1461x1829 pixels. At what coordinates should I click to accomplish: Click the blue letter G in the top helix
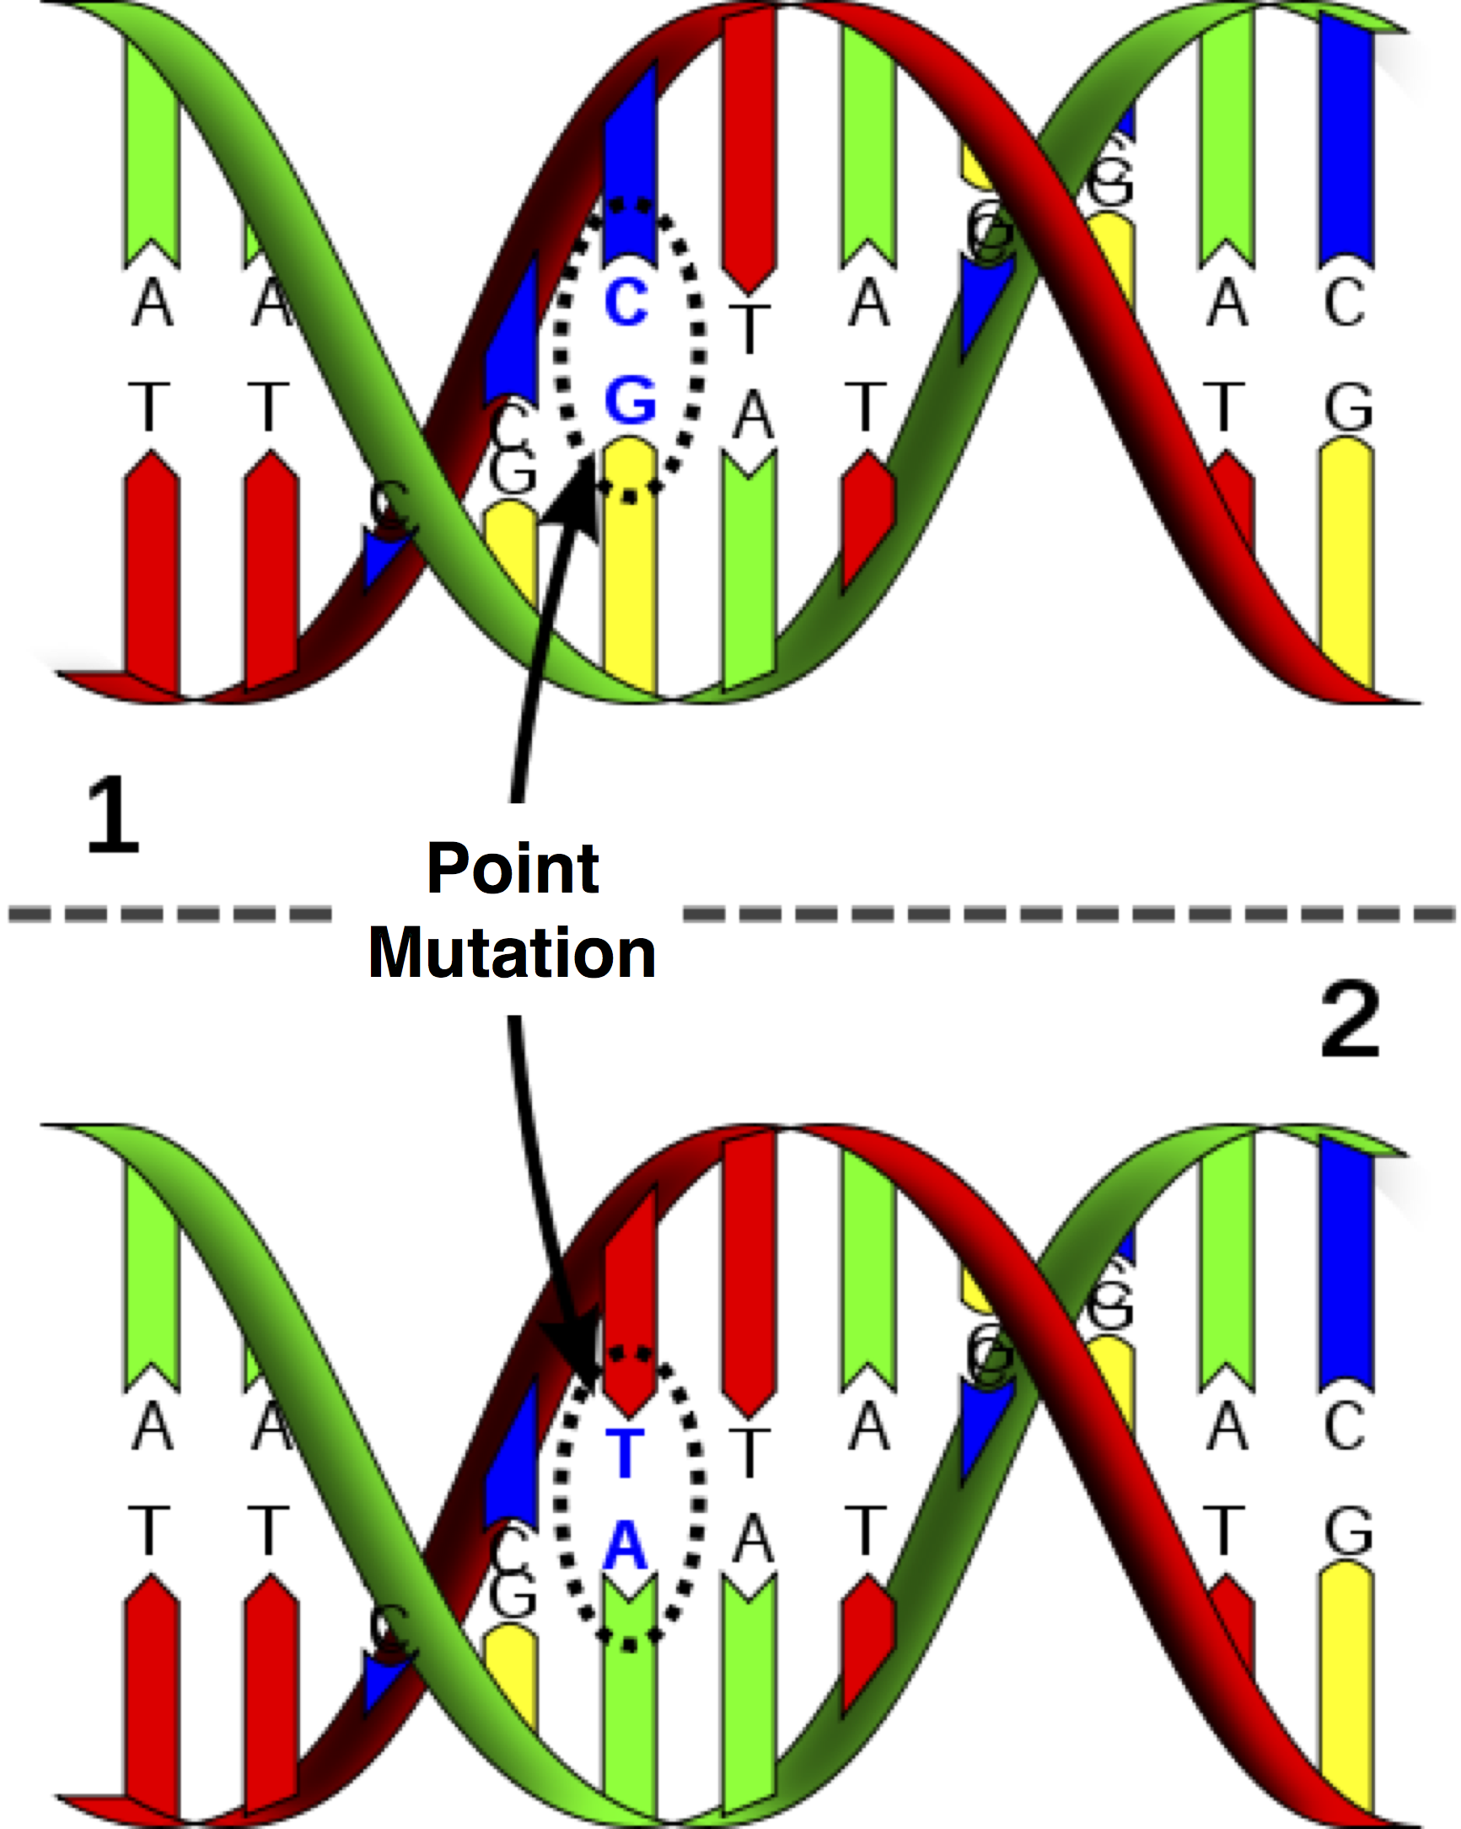pyautogui.click(x=630, y=400)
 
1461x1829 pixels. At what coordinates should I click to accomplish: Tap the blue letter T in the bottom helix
pyautogui.click(x=626, y=1453)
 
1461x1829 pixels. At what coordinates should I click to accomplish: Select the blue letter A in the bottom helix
pyautogui.click(x=626, y=1546)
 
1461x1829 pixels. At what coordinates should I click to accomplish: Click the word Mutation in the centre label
pyautogui.click(x=512, y=952)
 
